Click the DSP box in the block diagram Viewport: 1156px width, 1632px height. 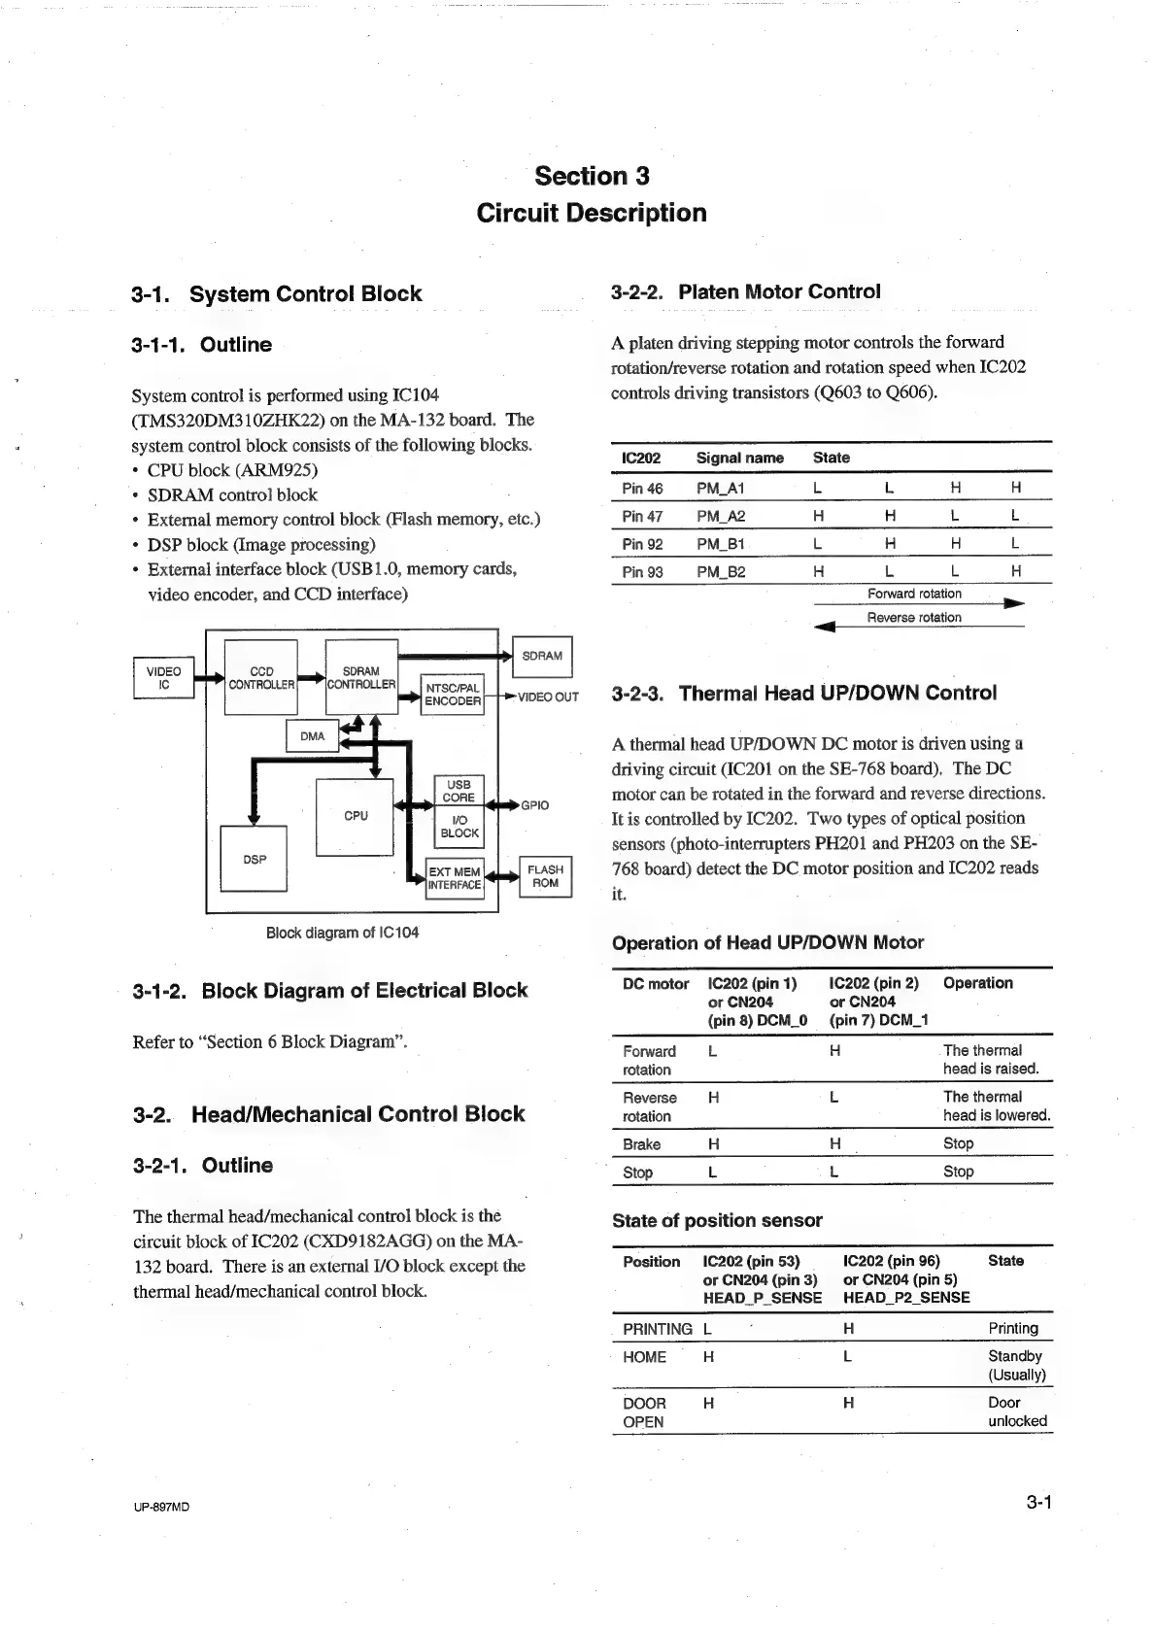coord(255,859)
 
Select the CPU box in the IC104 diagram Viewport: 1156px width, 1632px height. coord(356,816)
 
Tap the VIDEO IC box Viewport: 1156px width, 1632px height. coord(163,678)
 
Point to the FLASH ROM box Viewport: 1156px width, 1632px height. coord(545,876)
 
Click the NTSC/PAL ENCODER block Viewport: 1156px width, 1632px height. coord(453,695)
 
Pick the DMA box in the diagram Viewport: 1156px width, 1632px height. coord(312,736)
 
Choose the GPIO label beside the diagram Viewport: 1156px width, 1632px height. coord(535,805)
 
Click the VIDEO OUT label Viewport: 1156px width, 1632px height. coord(548,697)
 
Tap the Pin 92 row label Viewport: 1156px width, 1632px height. coord(642,544)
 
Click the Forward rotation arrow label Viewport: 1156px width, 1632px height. coord(914,594)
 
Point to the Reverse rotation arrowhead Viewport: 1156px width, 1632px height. coord(824,628)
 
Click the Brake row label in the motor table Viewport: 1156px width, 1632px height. coord(641,1144)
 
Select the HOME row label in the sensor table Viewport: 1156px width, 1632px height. coord(644,1357)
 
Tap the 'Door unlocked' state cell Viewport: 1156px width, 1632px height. coord(1017,1411)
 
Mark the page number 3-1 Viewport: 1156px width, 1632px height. coord(1039,1503)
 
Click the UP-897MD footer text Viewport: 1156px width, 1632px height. coord(161,1507)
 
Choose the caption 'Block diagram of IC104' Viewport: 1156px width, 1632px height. coord(342,933)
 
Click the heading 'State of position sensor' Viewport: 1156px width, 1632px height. coord(717,1220)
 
